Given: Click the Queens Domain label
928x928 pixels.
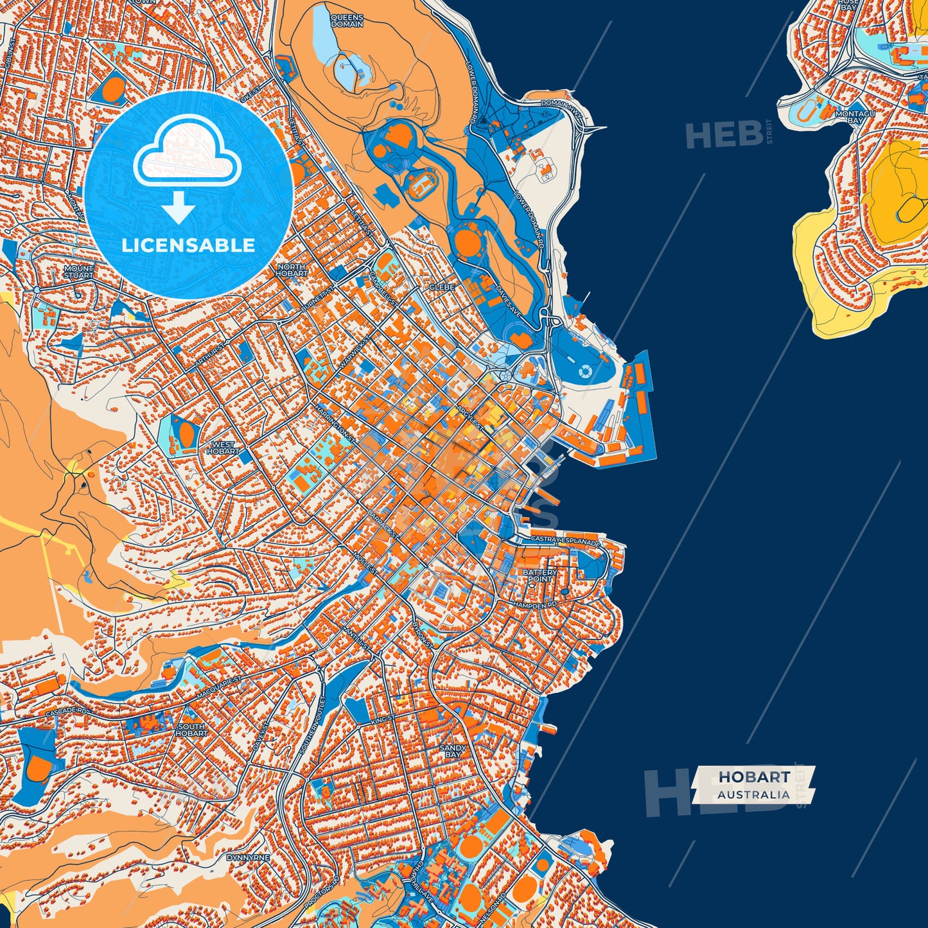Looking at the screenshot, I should [347, 21].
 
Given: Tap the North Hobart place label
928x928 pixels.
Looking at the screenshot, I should [292, 270].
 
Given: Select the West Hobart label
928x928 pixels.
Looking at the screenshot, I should [223, 448].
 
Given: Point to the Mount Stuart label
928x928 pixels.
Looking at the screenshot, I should [78, 272].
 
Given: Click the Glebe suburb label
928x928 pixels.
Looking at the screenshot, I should [442, 287].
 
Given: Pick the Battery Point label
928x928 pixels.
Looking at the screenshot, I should [539, 575].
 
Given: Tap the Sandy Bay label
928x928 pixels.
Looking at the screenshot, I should [453, 751].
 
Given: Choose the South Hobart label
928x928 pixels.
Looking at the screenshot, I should [191, 730].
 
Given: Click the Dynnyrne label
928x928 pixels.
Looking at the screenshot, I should [248, 857].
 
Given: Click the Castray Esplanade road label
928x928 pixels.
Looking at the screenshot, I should [565, 541].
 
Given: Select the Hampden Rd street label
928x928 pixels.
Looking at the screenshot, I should [534, 605].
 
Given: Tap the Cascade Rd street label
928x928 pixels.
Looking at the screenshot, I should [66, 712].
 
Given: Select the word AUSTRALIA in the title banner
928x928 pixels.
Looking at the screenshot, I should [754, 794].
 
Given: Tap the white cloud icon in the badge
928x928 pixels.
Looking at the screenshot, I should [187, 152].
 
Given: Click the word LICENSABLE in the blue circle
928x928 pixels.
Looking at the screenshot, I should [188, 245].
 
